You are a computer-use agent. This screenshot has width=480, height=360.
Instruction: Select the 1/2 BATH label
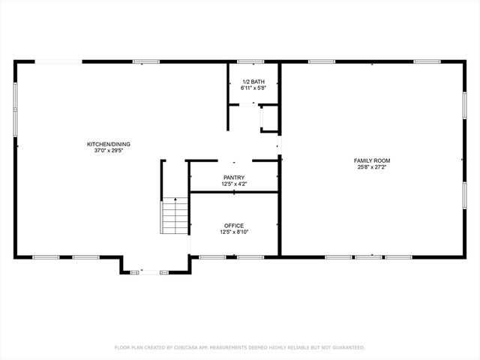[253, 81]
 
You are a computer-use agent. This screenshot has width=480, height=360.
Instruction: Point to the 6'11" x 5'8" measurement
[253, 88]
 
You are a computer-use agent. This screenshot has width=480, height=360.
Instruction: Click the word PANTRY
[233, 178]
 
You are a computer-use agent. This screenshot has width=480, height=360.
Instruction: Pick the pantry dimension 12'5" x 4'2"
[233, 184]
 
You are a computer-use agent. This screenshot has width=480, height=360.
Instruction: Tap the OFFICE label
[233, 225]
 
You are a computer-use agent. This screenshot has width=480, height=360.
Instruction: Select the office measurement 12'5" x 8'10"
[233, 232]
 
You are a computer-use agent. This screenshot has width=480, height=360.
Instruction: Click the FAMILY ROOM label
[372, 160]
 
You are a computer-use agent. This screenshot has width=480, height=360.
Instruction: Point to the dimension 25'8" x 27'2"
[372, 167]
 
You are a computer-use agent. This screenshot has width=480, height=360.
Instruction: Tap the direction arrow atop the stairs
[175, 200]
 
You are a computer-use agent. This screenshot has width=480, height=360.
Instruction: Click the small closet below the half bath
[268, 120]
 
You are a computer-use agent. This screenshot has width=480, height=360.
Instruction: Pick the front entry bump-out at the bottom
[155, 265]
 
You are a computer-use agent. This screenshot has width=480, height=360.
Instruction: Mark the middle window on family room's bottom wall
[367, 257]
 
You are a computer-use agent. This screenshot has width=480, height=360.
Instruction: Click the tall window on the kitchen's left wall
[15, 109]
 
